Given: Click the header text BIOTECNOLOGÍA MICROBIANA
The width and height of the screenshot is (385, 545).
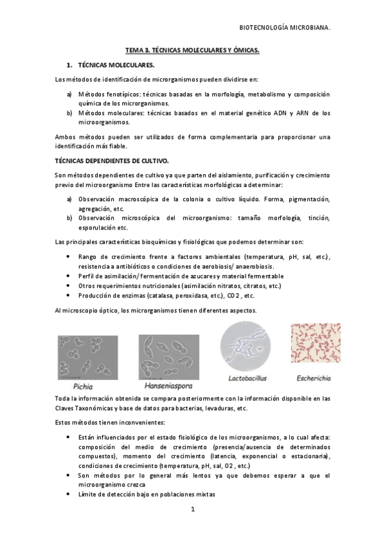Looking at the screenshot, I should click(x=285, y=28).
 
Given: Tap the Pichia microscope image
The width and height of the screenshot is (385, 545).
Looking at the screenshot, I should click(x=87, y=357).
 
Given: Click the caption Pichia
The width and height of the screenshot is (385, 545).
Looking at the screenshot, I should click(x=83, y=387).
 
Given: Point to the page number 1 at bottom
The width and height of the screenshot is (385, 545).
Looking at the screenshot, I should click(x=192, y=509).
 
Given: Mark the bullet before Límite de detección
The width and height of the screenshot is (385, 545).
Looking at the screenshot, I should click(x=69, y=494).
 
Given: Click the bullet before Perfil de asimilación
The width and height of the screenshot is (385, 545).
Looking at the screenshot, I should click(x=69, y=276).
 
